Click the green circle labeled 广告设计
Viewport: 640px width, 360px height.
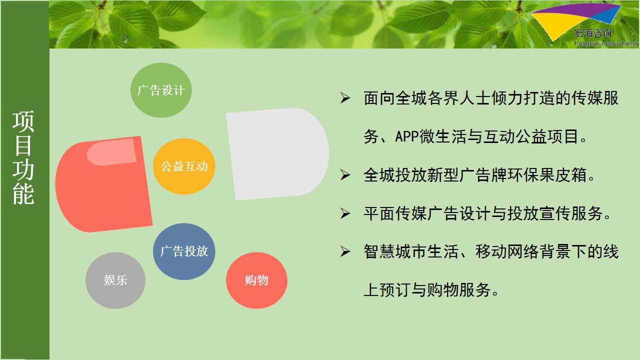161,90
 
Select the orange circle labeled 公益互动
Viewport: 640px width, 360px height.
184,166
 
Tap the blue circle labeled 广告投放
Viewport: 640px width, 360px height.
184,251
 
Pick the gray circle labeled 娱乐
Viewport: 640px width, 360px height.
115,280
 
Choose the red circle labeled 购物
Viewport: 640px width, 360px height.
256,280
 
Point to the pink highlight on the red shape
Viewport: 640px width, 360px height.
112,152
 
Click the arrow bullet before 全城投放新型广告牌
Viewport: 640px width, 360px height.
345,175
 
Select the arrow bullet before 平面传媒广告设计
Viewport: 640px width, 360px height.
345,213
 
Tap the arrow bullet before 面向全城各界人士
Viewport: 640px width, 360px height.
345,98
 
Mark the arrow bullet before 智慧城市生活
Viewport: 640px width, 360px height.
345,251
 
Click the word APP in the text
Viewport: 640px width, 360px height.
407,136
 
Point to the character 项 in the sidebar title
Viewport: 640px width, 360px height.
23,121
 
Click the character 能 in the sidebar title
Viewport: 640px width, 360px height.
23,194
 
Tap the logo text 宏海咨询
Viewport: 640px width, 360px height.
593,33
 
